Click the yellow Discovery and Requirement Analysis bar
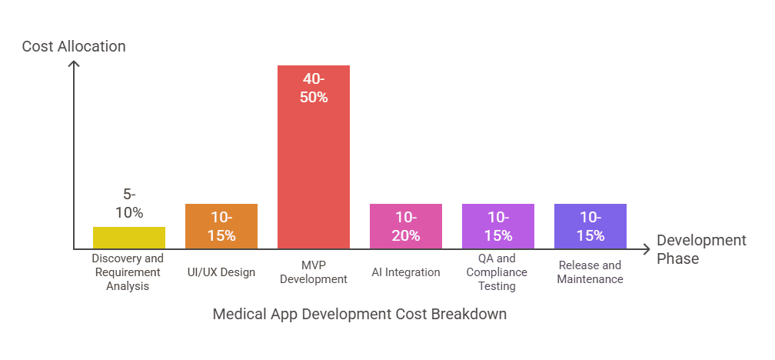pyautogui.click(x=129, y=238)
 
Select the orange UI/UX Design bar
pyautogui.click(x=221, y=226)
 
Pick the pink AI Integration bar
pyautogui.click(x=406, y=226)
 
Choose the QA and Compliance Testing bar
pyautogui.click(x=498, y=226)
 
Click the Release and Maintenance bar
pyautogui.click(x=590, y=226)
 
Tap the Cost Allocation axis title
pyautogui.click(x=74, y=47)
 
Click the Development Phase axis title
pyautogui.click(x=700, y=249)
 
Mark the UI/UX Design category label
pyautogui.click(x=221, y=272)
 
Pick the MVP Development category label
pyautogui.click(x=314, y=272)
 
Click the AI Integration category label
pyautogui.click(x=406, y=272)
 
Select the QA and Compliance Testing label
pyautogui.click(x=498, y=272)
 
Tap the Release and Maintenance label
pyautogui.click(x=590, y=272)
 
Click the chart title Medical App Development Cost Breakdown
pyautogui.click(x=360, y=315)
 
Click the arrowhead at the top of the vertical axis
pyautogui.click(x=74, y=64)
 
